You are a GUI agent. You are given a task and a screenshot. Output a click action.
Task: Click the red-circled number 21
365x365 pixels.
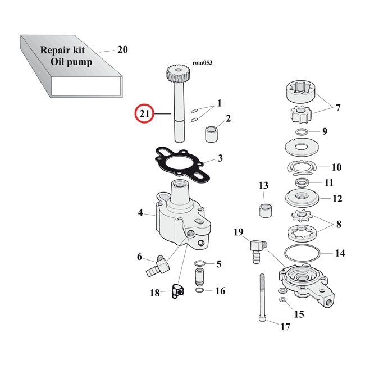144,114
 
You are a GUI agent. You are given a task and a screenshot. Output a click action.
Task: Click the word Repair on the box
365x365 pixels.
57,49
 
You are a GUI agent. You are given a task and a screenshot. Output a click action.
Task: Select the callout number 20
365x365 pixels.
122,49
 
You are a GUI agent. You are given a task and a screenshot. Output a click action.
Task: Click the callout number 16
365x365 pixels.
220,290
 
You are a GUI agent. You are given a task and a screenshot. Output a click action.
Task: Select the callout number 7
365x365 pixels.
337,107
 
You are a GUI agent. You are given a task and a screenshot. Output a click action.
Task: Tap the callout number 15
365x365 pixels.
299,314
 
